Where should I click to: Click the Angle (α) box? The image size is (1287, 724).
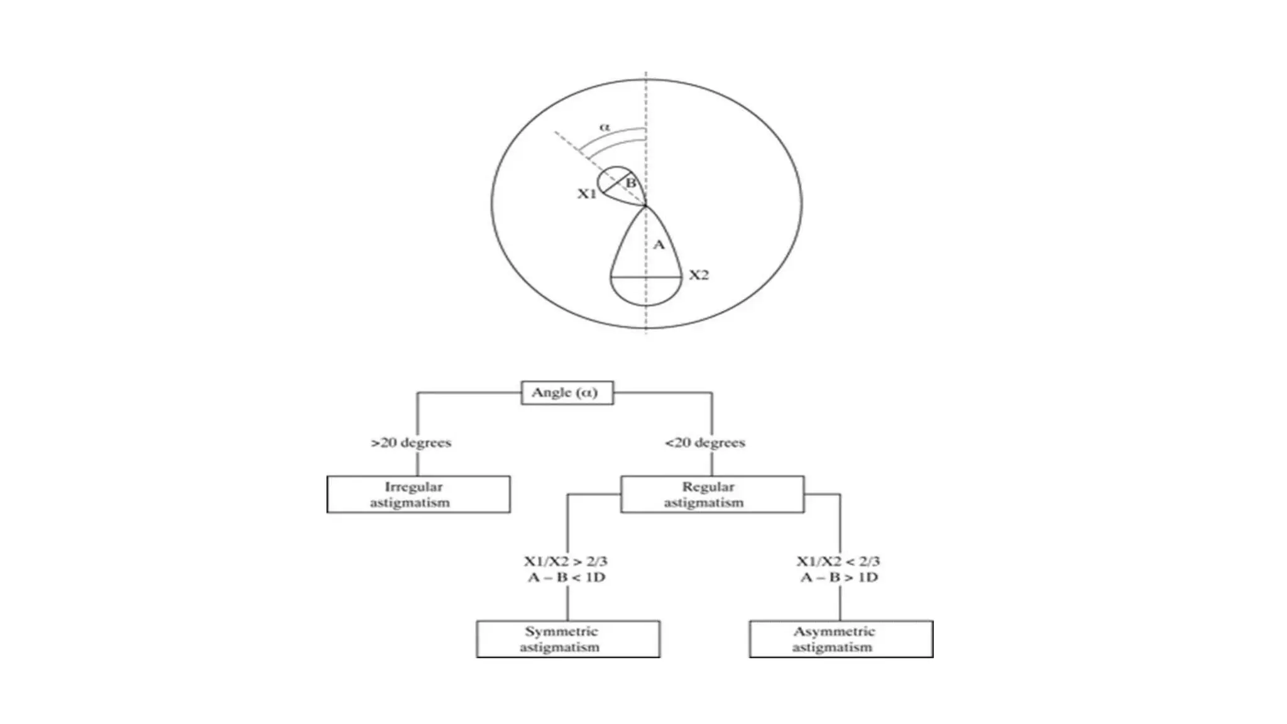[567, 393]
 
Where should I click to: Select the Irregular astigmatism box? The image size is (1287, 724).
[419, 495]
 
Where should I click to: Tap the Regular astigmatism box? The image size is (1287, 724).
[712, 495]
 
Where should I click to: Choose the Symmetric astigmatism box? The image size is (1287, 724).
[568, 639]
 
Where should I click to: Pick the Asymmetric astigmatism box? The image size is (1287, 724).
[841, 639]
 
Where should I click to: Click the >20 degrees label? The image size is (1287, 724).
[411, 442]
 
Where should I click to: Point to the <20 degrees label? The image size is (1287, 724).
[705, 442]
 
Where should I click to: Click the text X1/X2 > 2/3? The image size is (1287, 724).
[566, 561]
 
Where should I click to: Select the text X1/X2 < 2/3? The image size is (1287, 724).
[838, 561]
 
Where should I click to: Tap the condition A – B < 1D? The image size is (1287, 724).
[566, 578]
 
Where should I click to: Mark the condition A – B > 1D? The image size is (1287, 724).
[839, 578]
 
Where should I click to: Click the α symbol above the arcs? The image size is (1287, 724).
[605, 127]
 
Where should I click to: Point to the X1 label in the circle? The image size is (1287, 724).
[586, 194]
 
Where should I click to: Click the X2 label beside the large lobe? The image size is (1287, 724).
[698, 275]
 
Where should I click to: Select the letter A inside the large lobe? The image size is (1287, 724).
[659, 244]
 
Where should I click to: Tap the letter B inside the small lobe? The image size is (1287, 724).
[631, 183]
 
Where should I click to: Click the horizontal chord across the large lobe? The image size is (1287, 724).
[647, 277]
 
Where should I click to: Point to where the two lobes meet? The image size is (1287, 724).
[646, 206]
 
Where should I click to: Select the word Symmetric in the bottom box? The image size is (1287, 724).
[561, 632]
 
